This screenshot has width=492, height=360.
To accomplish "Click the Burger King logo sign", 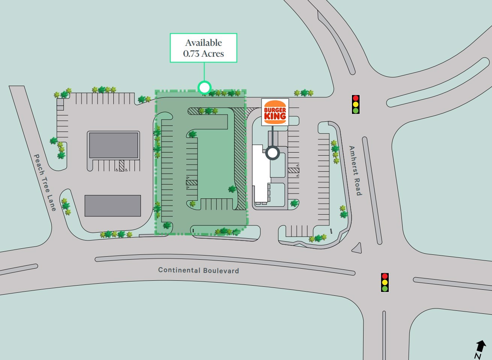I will tap(275, 112).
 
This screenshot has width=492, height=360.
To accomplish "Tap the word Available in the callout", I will tap(204, 43).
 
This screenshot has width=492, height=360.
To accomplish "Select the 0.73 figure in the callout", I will tap(191, 54).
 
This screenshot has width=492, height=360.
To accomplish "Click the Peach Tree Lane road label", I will tap(45, 182).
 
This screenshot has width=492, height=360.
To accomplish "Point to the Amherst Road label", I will tap(355, 171).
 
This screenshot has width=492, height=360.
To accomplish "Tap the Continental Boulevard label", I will tap(198, 270).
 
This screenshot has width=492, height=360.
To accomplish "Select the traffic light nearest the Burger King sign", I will tap(355, 104).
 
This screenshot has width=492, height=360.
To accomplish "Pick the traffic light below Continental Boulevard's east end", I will tap(385, 282).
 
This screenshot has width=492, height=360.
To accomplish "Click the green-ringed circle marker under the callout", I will tap(204, 88).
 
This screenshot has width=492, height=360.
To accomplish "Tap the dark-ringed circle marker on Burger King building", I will tap(273, 153).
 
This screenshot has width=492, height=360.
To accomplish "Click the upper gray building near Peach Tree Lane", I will tap(113, 145).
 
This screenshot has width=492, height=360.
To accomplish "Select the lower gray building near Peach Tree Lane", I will tap(113, 206).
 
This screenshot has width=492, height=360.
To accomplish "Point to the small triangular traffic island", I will tap(357, 248).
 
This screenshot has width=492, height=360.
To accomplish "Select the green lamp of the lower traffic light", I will tap(385, 289).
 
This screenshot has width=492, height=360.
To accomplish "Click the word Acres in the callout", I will tap(213, 54).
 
